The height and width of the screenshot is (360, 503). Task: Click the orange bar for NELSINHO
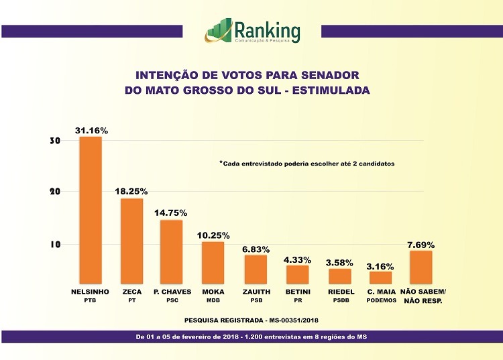[91, 210]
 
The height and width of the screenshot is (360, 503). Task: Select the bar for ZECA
[131, 241]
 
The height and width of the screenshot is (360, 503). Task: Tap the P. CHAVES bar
[172, 251]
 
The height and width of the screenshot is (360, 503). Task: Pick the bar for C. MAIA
[380, 277]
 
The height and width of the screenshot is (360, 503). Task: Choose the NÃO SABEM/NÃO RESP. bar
[421, 267]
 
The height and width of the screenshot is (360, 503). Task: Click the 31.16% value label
[91, 129]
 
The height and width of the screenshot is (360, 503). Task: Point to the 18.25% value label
[131, 191]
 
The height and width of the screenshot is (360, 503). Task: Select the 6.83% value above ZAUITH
[256, 249]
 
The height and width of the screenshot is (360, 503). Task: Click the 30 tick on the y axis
[55, 141]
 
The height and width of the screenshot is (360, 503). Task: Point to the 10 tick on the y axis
[55, 245]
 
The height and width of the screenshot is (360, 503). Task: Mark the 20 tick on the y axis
[55, 192]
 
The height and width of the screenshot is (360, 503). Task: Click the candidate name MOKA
[213, 292]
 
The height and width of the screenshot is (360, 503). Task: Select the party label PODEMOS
[381, 301]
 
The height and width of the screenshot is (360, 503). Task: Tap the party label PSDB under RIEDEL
[341, 301]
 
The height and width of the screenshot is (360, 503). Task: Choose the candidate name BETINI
[298, 292]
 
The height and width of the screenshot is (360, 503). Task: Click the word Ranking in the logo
[268, 30]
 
